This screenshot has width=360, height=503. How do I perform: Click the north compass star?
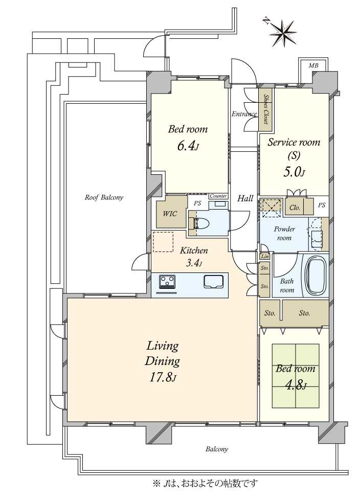[x=283, y=32]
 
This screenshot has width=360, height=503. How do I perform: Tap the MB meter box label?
[x=313, y=66]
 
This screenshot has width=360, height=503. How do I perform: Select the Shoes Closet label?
[x=266, y=109]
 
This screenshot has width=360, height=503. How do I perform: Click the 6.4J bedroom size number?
[x=188, y=146]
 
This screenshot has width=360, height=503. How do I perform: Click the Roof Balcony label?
[x=104, y=197]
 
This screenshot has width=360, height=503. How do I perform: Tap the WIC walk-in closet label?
[x=170, y=214]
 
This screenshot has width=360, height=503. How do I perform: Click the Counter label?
[x=218, y=196]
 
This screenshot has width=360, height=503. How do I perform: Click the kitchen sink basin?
[x=213, y=281]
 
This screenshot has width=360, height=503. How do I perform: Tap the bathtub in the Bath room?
[x=316, y=275]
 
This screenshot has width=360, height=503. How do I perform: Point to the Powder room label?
[x=284, y=234]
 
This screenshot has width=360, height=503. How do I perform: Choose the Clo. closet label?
[x=295, y=208]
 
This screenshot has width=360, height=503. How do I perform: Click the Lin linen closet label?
[x=265, y=256]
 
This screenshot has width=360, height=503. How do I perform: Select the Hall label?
[x=245, y=198]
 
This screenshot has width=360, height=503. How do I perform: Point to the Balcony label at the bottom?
[x=217, y=449]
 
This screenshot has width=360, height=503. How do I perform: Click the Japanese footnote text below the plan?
[x=206, y=483]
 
